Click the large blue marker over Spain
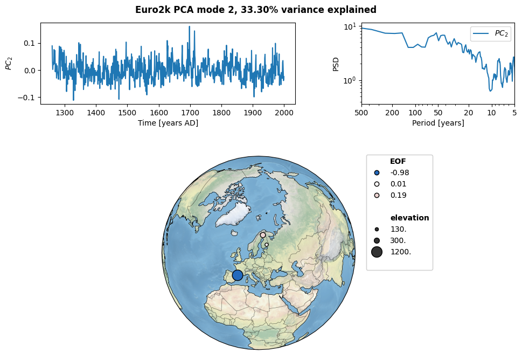click(238, 275)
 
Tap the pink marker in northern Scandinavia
click(263, 235)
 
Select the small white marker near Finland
click(266, 245)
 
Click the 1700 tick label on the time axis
click(190, 113)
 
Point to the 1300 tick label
click(65, 113)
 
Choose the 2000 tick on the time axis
click(284, 113)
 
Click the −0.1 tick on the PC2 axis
click(27, 98)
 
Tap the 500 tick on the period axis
click(361, 113)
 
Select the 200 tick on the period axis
click(392, 113)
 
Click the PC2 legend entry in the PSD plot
click(490, 33)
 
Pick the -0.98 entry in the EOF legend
click(392, 172)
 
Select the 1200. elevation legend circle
click(377, 252)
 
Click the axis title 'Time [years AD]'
click(168, 123)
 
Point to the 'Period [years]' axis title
click(438, 123)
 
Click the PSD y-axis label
click(336, 64)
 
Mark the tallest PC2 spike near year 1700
click(190, 26)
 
